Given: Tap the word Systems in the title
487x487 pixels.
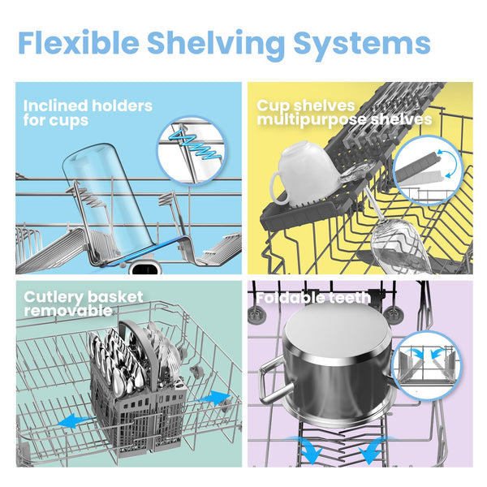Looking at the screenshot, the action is pyautogui.click(x=362, y=44).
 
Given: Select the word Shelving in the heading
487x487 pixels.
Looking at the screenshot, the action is pyautogui.click(x=216, y=44).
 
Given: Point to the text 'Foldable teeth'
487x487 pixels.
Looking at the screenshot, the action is pyautogui.click(x=313, y=298).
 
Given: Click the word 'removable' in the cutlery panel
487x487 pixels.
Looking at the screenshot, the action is pyautogui.click(x=68, y=311).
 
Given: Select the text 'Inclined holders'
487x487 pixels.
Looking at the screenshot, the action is pyautogui.click(x=88, y=106).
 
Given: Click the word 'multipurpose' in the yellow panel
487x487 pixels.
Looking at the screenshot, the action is pyautogui.click(x=312, y=120).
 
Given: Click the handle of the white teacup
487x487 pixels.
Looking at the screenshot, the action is pyautogui.click(x=277, y=189).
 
